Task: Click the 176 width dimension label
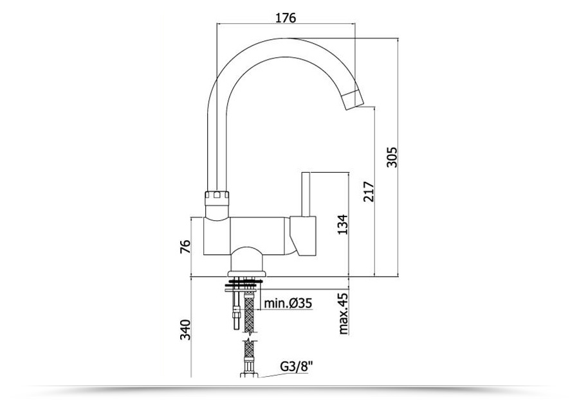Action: [x=286, y=17]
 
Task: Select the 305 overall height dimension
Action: [x=392, y=157]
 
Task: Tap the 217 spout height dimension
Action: [x=369, y=191]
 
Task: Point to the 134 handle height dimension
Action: [x=343, y=224]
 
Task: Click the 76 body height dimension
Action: [x=185, y=247]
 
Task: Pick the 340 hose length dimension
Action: [x=185, y=330]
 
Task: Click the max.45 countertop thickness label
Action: [x=343, y=313]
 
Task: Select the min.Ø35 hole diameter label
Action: [x=288, y=304]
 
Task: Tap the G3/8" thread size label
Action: [x=296, y=367]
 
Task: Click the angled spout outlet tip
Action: [x=353, y=100]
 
